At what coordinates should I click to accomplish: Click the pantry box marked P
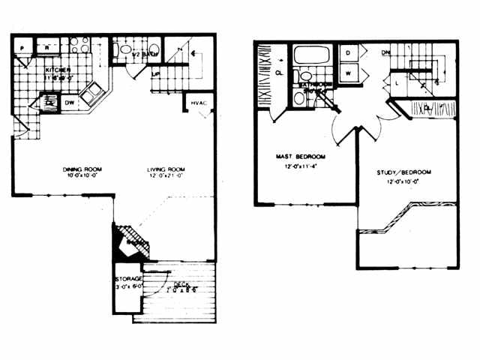tap(23, 48)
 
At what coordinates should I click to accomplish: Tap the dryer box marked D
tap(349, 54)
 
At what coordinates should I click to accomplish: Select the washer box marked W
tap(349, 73)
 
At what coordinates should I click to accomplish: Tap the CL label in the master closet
tap(278, 73)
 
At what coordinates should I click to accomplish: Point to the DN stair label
tap(385, 53)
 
